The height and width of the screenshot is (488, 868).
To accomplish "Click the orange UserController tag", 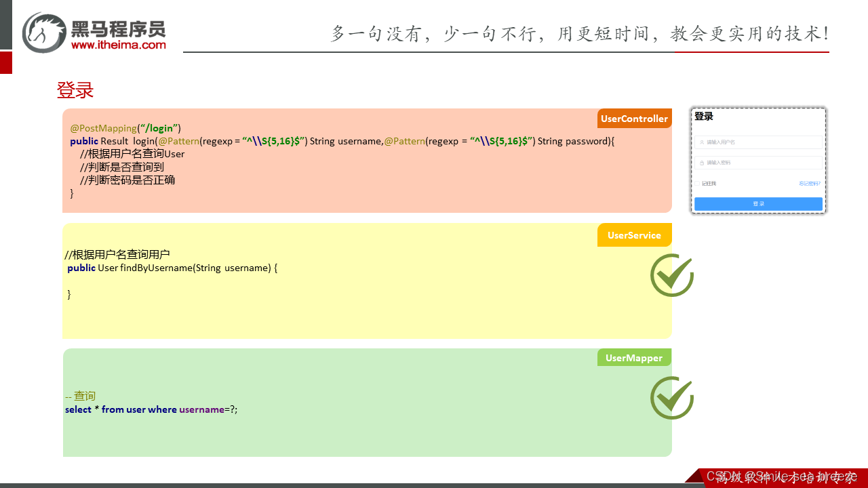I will [634, 119].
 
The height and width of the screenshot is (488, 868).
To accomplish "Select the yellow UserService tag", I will [634, 235].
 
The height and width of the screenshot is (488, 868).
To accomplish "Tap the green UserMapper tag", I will [634, 358].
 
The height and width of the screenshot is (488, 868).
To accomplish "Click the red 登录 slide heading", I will [75, 90].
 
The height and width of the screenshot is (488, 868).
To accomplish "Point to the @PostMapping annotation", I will [103, 128].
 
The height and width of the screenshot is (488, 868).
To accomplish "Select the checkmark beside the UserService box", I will [671, 274].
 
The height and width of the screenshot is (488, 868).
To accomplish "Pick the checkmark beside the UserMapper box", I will [671, 398].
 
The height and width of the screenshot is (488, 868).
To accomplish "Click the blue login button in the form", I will [758, 203].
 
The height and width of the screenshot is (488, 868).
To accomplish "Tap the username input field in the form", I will [758, 142].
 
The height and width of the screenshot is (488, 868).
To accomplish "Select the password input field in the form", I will [758, 163].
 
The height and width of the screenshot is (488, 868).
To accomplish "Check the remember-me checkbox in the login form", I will [697, 183].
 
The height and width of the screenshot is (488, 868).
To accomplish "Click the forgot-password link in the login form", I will [809, 183].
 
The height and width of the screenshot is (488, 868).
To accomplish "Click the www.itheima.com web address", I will [118, 45].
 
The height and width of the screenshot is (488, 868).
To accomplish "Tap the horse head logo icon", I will [43, 32].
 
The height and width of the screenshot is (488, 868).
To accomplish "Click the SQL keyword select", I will [78, 409].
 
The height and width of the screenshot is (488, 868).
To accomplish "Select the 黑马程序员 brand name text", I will [118, 28].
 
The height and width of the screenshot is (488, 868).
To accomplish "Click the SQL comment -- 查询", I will [80, 396].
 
